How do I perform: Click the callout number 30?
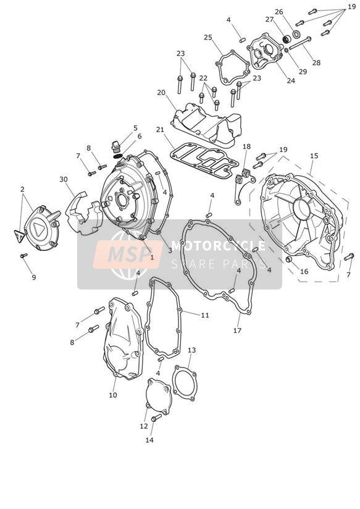click(64, 179)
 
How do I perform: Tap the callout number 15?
click(314, 156)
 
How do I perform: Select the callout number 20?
click(161, 93)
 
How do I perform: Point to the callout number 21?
click(160, 130)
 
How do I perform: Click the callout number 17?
click(237, 330)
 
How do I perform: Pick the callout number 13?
click(192, 350)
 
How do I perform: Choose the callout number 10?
click(112, 395)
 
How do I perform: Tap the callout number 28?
click(316, 62)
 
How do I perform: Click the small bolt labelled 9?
click(23, 256)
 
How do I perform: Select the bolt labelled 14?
click(156, 418)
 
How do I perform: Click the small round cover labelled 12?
click(159, 396)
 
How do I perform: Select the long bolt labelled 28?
click(299, 43)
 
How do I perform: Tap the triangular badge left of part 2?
click(19, 236)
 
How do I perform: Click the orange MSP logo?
click(128, 255)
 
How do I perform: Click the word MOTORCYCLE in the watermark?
click(218, 245)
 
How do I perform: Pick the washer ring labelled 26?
click(296, 33)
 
